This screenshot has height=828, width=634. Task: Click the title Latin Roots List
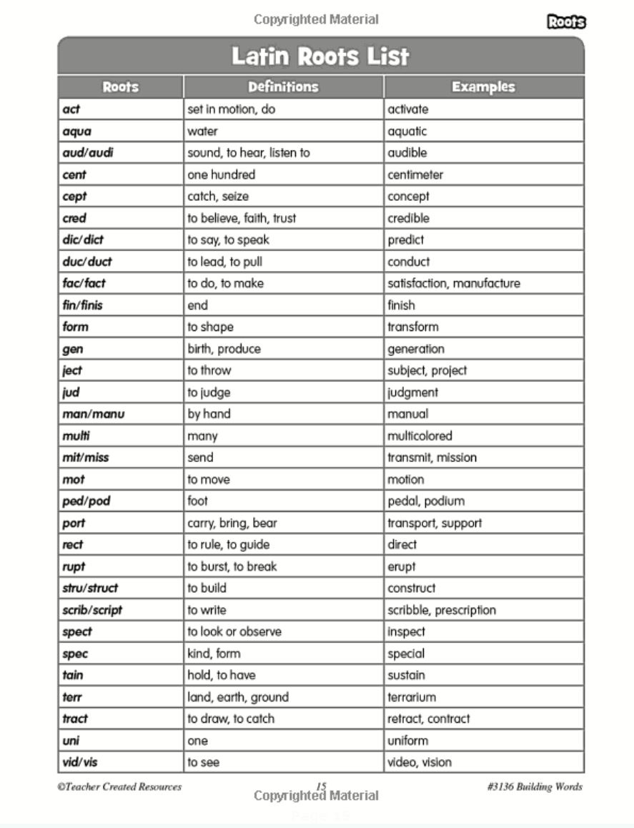pyautogui.click(x=320, y=56)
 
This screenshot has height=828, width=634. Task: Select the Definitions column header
pyautogui.click(x=283, y=87)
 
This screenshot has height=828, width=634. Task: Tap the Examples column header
pyautogui.click(x=483, y=87)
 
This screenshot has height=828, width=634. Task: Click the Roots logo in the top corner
pyautogui.click(x=566, y=22)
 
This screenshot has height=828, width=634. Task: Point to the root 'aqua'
pyautogui.click(x=76, y=132)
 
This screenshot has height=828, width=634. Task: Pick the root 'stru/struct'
pyautogui.click(x=90, y=588)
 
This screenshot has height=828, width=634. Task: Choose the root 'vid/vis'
pyautogui.click(x=80, y=762)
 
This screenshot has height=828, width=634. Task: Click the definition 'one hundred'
pyautogui.click(x=221, y=174)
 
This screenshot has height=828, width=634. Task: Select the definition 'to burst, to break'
pyautogui.click(x=232, y=566)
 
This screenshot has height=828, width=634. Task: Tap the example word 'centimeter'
pyautogui.click(x=415, y=174)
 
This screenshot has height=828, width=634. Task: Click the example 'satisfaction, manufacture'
pyautogui.click(x=454, y=283)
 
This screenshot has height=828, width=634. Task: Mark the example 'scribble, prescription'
pyautogui.click(x=442, y=610)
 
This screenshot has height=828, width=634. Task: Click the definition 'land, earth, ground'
pyautogui.click(x=238, y=697)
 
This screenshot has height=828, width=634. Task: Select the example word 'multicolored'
pyautogui.click(x=420, y=436)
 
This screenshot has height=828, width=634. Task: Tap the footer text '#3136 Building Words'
pyautogui.click(x=534, y=787)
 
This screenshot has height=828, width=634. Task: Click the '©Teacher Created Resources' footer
pyautogui.click(x=119, y=787)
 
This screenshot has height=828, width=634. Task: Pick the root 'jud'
pyautogui.click(x=71, y=393)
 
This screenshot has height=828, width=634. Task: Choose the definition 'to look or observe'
pyautogui.click(x=234, y=632)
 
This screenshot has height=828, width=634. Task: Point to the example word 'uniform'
pyautogui.click(x=408, y=741)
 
